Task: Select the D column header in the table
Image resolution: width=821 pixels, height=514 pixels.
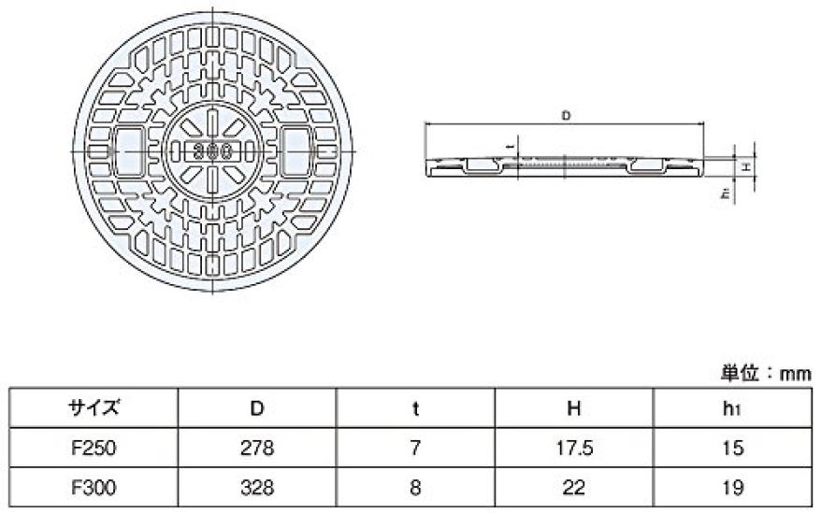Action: [256, 407]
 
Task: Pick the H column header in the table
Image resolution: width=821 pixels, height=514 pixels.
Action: [574, 407]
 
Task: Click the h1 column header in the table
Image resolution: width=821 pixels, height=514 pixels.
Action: [732, 407]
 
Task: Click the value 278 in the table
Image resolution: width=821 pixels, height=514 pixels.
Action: [256, 448]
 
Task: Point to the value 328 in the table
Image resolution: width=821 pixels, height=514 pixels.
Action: [256, 487]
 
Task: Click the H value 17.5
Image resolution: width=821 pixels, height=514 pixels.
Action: [574, 448]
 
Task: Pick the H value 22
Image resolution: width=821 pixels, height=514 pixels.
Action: [574, 487]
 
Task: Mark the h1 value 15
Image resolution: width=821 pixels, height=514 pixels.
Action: [732, 448]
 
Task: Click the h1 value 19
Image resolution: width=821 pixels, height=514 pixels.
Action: [732, 487]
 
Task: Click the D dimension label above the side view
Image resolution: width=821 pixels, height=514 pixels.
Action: [566, 116]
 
